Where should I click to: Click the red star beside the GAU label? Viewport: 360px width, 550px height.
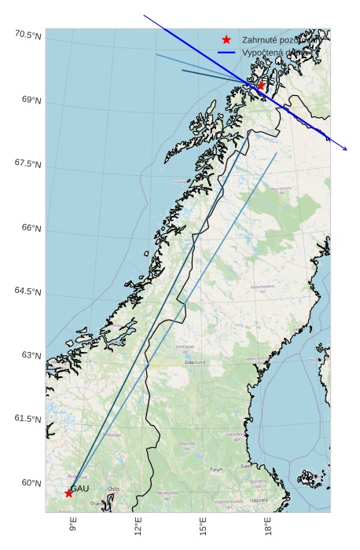pos(69,493)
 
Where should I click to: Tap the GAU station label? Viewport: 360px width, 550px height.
pos(80,489)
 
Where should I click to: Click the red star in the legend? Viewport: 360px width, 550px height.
pos(227,39)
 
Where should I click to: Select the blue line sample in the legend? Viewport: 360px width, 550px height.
pos(227,53)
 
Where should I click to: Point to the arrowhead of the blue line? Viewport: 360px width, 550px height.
pos(345,148)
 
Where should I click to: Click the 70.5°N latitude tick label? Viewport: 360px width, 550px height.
pos(27,35)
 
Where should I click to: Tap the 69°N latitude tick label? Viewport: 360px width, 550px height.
pos(30,101)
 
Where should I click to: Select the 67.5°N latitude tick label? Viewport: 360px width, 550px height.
pos(27,164)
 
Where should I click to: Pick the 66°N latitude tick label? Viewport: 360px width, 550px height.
pos(30,229)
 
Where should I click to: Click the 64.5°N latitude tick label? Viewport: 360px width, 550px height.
pos(27,291)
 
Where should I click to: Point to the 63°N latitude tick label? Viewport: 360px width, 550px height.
pos(30,355)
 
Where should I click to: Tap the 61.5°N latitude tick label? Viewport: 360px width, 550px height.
pos(27,419)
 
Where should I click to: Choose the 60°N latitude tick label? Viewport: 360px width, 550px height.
pos(30,482)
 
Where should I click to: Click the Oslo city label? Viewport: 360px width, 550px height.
pos(114,488)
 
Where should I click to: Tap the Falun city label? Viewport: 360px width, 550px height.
pos(215,469)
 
